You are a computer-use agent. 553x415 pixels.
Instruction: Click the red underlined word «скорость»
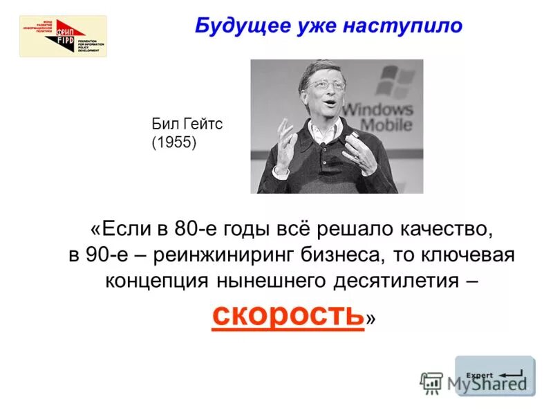(x=288, y=315)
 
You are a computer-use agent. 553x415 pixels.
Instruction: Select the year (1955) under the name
(x=174, y=143)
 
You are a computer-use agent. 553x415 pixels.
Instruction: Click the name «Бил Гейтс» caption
(x=187, y=125)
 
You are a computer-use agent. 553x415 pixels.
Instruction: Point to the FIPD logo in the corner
(x=63, y=36)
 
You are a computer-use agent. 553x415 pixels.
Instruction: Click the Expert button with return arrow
(x=494, y=376)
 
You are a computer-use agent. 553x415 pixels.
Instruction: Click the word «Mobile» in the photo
(x=386, y=125)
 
